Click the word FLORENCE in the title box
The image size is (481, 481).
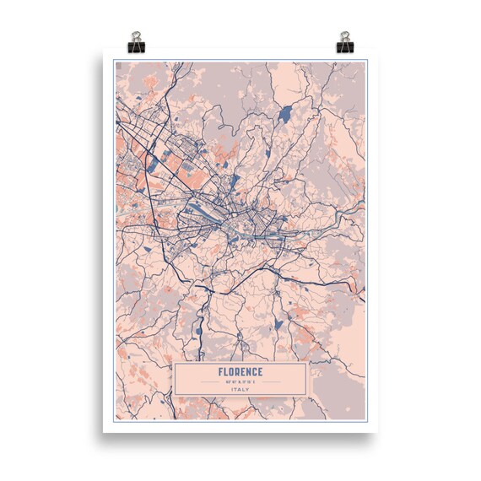click(240, 372)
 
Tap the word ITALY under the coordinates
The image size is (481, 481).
click(240, 389)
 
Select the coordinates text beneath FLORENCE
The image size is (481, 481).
click(240, 381)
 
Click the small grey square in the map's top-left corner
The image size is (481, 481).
click(120, 64)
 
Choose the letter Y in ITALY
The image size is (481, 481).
click(249, 389)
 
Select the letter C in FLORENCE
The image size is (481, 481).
click(255, 372)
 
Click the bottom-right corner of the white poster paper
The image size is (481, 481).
click(377, 432)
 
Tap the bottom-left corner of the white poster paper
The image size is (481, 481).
click(104, 432)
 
